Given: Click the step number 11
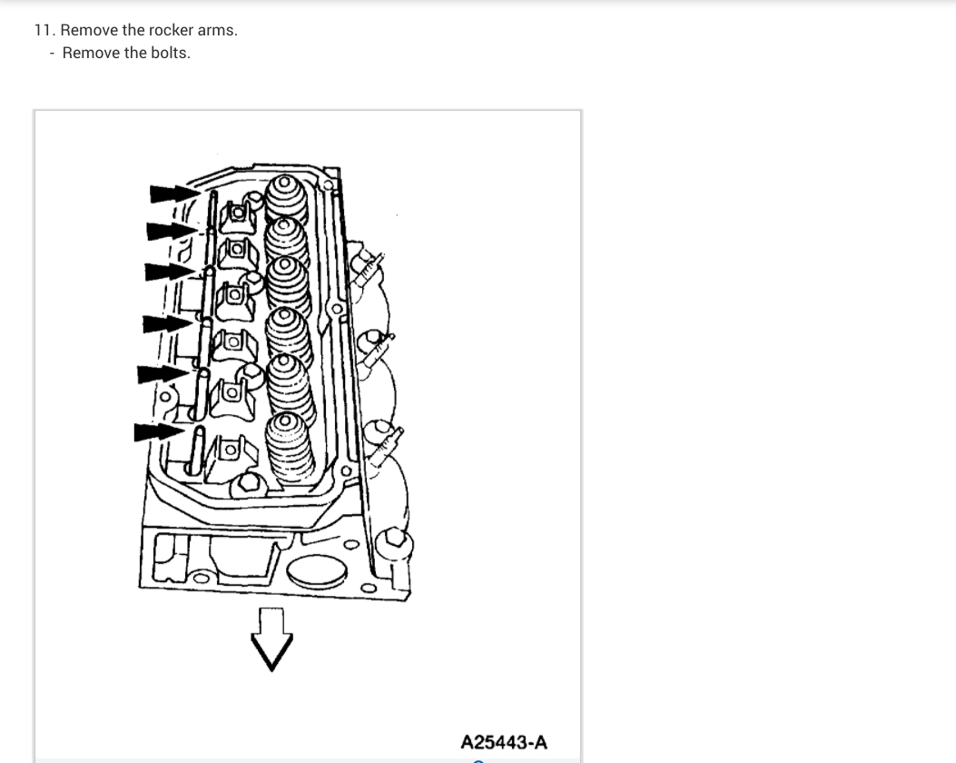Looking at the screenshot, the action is pyautogui.click(x=43, y=30).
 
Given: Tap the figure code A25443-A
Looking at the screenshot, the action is pyautogui.click(x=504, y=742).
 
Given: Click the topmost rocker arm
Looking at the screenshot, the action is pyautogui.click(x=235, y=214).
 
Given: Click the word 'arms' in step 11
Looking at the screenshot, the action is pyautogui.click(x=217, y=30).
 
